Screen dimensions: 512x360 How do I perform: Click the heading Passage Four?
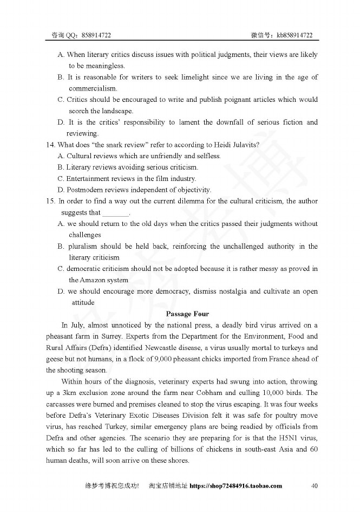[x=187, y=314]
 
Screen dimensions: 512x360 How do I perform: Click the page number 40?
[x=315, y=485]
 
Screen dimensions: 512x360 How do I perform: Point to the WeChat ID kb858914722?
[x=294, y=35]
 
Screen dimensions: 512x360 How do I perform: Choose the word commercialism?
[x=93, y=88]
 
